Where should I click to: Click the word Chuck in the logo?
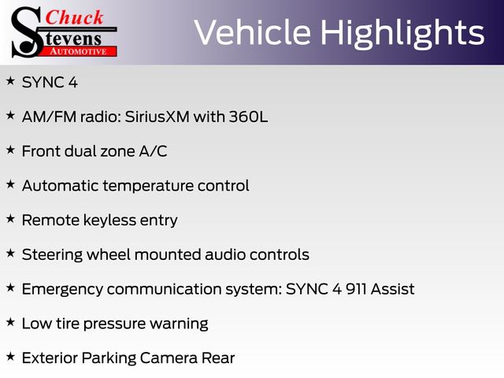click(x=74, y=17)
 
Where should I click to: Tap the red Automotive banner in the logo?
click(x=79, y=52)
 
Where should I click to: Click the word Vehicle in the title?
click(x=253, y=32)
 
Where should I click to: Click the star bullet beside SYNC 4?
click(x=10, y=80)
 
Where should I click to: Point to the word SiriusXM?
click(x=157, y=117)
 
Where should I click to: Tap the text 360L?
click(x=248, y=117)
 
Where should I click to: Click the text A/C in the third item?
click(x=153, y=151)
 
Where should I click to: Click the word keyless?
click(x=110, y=220)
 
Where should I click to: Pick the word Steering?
click(x=52, y=255)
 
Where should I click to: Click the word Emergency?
click(x=62, y=290)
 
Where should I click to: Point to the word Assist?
click(x=392, y=289)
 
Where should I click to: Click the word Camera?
click(x=169, y=358)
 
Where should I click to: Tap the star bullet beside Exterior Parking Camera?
click(x=10, y=356)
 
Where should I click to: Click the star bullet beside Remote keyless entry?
click(x=10, y=219)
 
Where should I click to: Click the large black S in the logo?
click(x=27, y=32)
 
